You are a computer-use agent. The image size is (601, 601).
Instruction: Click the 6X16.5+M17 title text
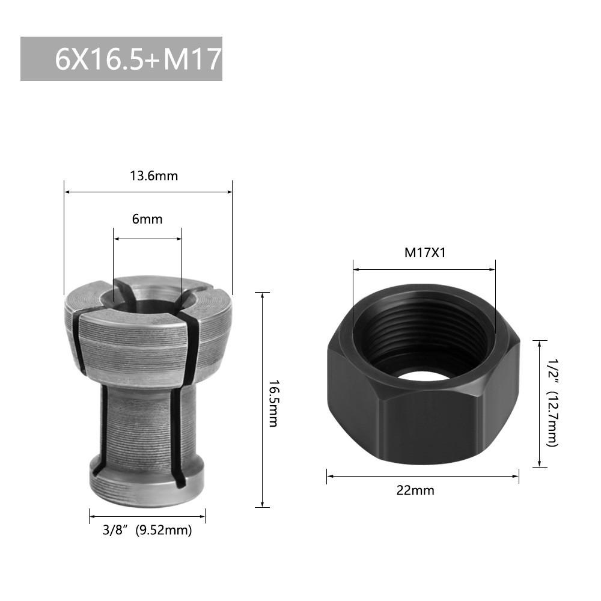138,59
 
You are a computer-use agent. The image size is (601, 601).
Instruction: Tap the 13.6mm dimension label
154,176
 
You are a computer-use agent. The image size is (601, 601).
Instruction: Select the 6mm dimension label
147,219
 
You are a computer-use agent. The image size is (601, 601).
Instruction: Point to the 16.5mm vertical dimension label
273,403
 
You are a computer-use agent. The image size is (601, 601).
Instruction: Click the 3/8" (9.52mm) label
147,530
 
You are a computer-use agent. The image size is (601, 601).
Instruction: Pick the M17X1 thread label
425,252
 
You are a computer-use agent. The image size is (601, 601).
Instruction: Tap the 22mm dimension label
415,490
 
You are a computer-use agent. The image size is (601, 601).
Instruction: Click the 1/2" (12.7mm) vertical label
552,403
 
